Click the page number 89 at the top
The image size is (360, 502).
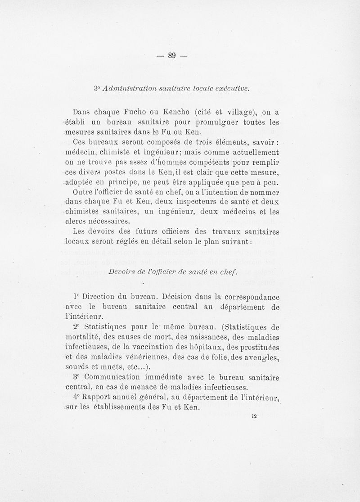coord(171,56)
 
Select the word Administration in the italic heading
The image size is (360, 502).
coord(131,88)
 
